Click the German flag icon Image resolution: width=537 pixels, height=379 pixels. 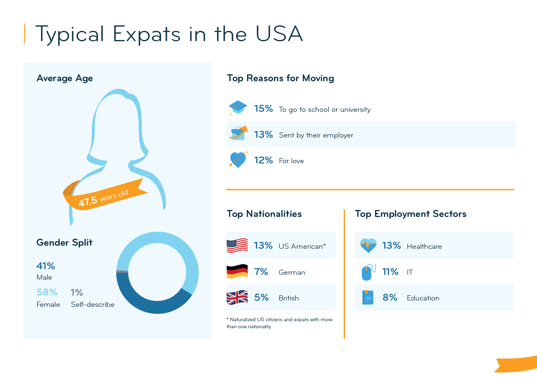(x=237, y=271)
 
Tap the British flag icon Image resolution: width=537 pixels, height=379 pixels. (x=237, y=297)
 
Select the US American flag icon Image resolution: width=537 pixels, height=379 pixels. (x=237, y=245)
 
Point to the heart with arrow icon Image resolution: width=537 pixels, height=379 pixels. (x=238, y=160)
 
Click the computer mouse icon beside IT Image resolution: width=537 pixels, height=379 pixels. (x=367, y=272)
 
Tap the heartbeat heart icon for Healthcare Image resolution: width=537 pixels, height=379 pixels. (x=368, y=245)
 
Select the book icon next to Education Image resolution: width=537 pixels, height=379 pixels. (x=368, y=297)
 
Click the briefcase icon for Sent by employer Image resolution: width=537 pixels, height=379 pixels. (x=238, y=133)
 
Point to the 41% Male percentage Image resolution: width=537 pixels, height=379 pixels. (x=46, y=266)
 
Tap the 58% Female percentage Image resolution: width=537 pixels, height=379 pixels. (x=47, y=292)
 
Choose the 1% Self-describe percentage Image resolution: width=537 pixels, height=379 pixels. (x=77, y=293)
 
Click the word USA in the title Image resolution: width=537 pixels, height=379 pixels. (x=279, y=34)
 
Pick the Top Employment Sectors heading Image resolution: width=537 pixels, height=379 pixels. (x=410, y=214)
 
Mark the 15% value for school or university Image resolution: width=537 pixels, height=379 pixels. (x=263, y=109)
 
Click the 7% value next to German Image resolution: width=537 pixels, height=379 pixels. (x=261, y=272)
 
